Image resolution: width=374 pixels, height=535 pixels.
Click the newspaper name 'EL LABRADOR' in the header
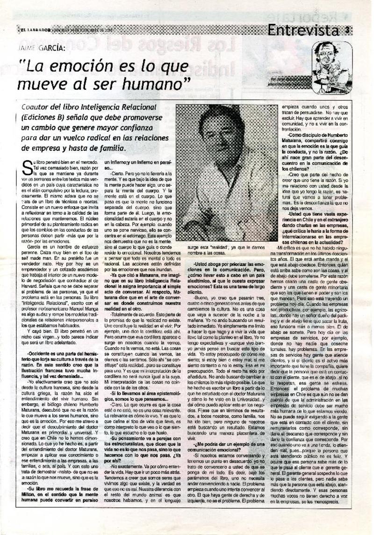[35, 29]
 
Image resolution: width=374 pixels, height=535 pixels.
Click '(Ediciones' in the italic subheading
[43, 117]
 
